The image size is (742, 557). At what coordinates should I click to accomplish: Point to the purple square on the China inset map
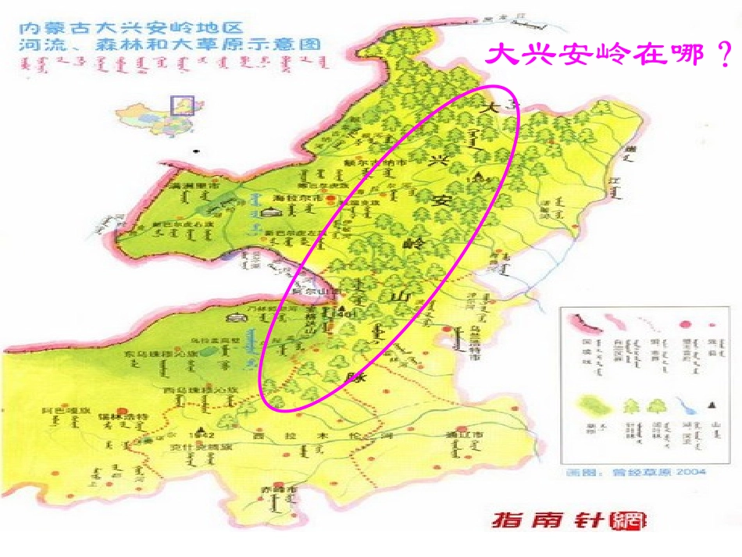click(182, 105)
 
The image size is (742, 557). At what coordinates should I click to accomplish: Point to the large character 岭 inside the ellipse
click(412, 243)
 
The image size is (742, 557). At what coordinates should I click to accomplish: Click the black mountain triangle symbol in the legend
click(712, 405)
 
